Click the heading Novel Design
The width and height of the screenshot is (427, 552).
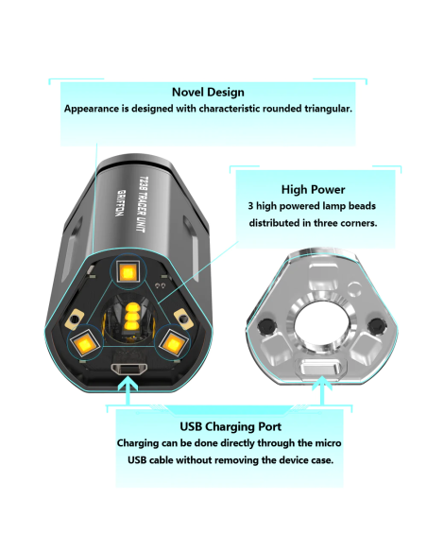click(x=208, y=93)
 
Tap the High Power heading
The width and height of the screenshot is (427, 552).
click(x=313, y=189)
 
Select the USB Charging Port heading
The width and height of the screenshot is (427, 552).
click(x=231, y=426)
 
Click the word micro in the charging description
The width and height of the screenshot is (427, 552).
click(x=328, y=443)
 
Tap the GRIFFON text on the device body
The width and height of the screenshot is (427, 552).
click(x=120, y=203)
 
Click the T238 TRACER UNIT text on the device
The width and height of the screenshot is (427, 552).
click(x=142, y=204)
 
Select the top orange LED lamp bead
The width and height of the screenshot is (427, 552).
click(x=128, y=272)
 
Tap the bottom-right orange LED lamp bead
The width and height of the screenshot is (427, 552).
click(x=173, y=342)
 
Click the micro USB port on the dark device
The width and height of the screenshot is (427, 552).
click(x=128, y=369)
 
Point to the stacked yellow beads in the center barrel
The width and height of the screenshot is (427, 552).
click(x=132, y=316)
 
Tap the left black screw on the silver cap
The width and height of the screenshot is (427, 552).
click(x=265, y=326)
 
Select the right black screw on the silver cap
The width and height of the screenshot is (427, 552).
click(x=377, y=325)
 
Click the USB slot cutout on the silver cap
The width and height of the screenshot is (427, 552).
click(x=321, y=370)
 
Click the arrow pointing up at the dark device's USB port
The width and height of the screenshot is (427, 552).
click(x=128, y=390)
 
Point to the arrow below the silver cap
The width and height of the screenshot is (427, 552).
click(x=322, y=390)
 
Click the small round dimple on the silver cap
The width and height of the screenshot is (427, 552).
click(x=354, y=289)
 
